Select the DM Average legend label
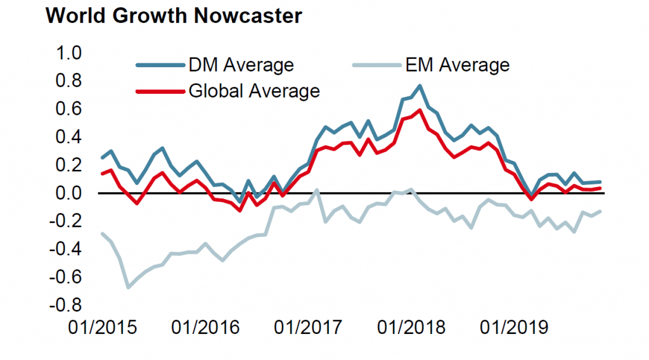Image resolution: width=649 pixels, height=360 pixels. (x=241, y=65)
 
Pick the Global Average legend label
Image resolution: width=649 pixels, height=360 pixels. (x=254, y=91)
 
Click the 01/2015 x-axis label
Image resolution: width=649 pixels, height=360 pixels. (x=103, y=329)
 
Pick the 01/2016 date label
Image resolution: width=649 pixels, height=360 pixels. (x=206, y=329)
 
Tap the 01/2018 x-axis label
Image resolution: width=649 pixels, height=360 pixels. (x=411, y=329)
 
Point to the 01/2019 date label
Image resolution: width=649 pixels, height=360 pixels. (x=514, y=329)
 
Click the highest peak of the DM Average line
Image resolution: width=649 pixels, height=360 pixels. (x=420, y=86)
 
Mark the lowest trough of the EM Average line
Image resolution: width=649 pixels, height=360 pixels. (x=128, y=287)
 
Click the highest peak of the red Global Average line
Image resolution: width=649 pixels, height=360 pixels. (x=420, y=110)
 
